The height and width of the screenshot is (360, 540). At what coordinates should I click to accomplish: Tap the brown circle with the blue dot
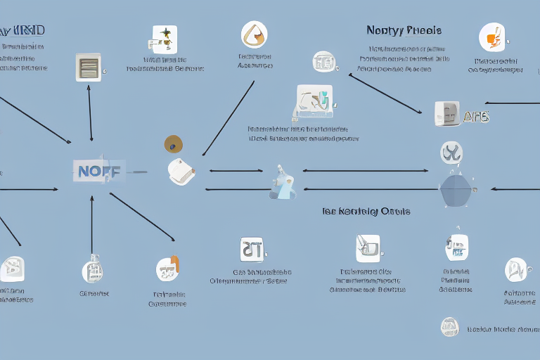coord(173,144)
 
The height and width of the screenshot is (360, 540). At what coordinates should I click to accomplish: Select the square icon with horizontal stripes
coord(89,67)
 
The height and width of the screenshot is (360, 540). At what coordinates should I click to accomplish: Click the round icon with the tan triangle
coord(253,34)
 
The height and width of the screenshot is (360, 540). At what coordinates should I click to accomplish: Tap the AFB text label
coord(475,117)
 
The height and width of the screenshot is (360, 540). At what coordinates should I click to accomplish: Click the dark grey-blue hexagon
coord(456,189)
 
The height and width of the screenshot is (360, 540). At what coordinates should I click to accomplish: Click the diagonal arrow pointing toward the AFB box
coord(385,93)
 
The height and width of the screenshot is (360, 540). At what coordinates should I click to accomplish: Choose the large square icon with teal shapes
coord(314,103)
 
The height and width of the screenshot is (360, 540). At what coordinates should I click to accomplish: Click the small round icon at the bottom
coord(449,326)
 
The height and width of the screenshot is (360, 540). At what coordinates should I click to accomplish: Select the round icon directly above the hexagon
coord(451,152)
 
